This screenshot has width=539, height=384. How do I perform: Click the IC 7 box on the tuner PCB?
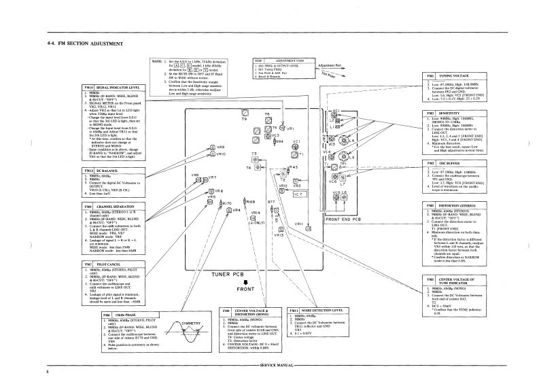pos(300,194)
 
